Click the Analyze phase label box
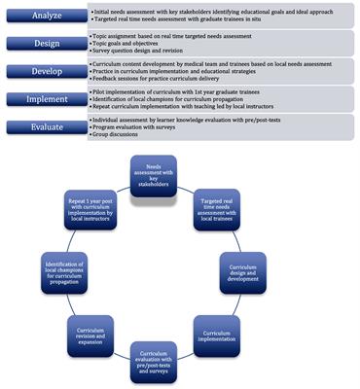(45, 17)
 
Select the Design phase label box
(45, 44)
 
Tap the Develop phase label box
(45, 71)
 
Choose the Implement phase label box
(45, 98)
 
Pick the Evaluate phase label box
(45, 125)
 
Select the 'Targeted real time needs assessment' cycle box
(220, 208)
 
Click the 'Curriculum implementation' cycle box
(220, 338)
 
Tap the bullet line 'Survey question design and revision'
(147, 51)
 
